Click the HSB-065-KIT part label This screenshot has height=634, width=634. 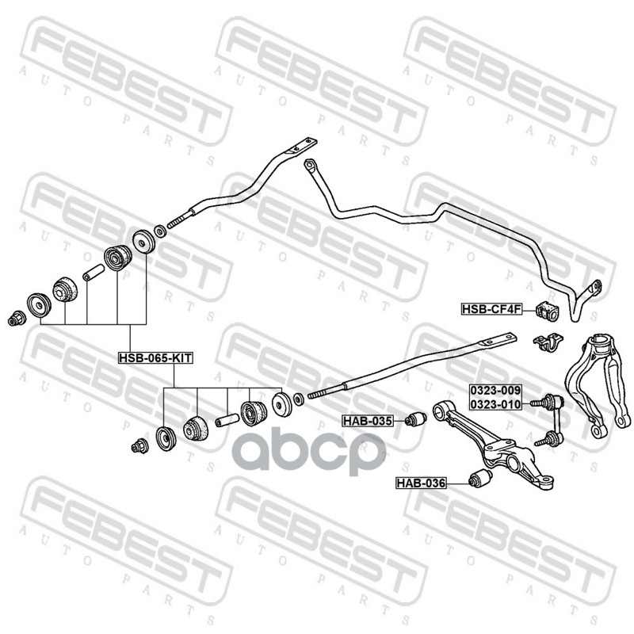tap(156, 357)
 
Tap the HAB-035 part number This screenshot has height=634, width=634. tap(367, 420)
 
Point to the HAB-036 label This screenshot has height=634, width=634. tap(422, 482)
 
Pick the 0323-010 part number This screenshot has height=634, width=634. tap(495, 404)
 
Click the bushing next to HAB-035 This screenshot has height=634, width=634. tap(412, 418)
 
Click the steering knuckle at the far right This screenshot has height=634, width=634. tap(595, 372)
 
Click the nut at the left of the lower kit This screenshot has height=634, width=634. tap(139, 445)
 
